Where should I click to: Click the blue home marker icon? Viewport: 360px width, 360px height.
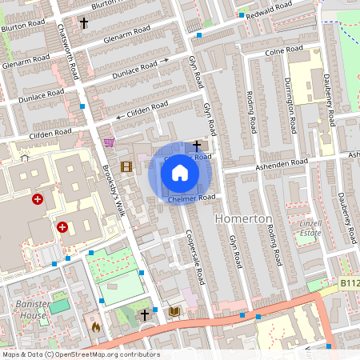pos(180,173)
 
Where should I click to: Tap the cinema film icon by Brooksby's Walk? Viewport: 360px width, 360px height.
pos(126,166)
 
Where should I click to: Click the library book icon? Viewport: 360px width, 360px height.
pos(174,310)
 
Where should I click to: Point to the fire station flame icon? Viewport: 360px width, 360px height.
pos(95,326)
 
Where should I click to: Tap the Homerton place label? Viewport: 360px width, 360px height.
pos(244,218)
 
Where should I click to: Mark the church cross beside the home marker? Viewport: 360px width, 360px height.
pos(198,146)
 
